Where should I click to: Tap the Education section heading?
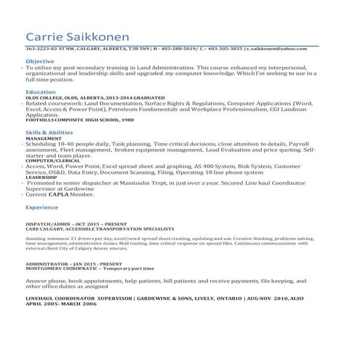pyautogui.click(x=39, y=93)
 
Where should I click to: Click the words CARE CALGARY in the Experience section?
pyautogui.click(x=43, y=229)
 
